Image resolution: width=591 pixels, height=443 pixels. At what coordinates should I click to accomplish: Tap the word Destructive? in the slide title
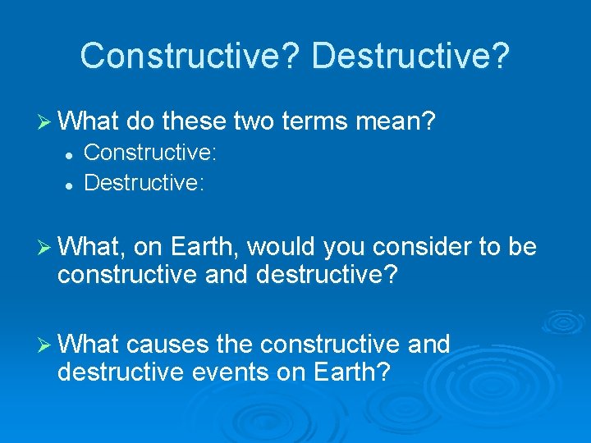tap(411, 56)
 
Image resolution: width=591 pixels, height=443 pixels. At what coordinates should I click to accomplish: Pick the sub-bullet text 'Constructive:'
tap(150, 152)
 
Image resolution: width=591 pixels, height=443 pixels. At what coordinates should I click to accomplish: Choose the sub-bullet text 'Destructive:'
tap(144, 181)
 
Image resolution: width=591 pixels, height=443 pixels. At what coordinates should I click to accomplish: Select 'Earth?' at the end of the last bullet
tap(351, 372)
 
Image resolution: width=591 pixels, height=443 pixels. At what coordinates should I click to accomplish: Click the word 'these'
tap(194, 122)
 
